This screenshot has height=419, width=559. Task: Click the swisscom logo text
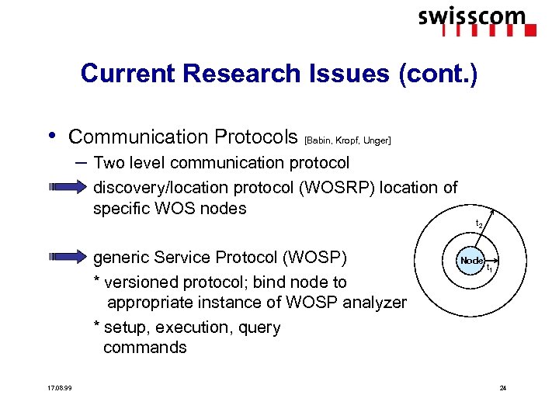471,16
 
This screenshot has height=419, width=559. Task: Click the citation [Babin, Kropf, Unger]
348,140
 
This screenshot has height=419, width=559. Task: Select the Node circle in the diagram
471,261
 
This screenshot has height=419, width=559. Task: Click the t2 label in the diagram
479,224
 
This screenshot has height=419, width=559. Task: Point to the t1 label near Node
490,268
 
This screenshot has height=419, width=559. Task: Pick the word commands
145,347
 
